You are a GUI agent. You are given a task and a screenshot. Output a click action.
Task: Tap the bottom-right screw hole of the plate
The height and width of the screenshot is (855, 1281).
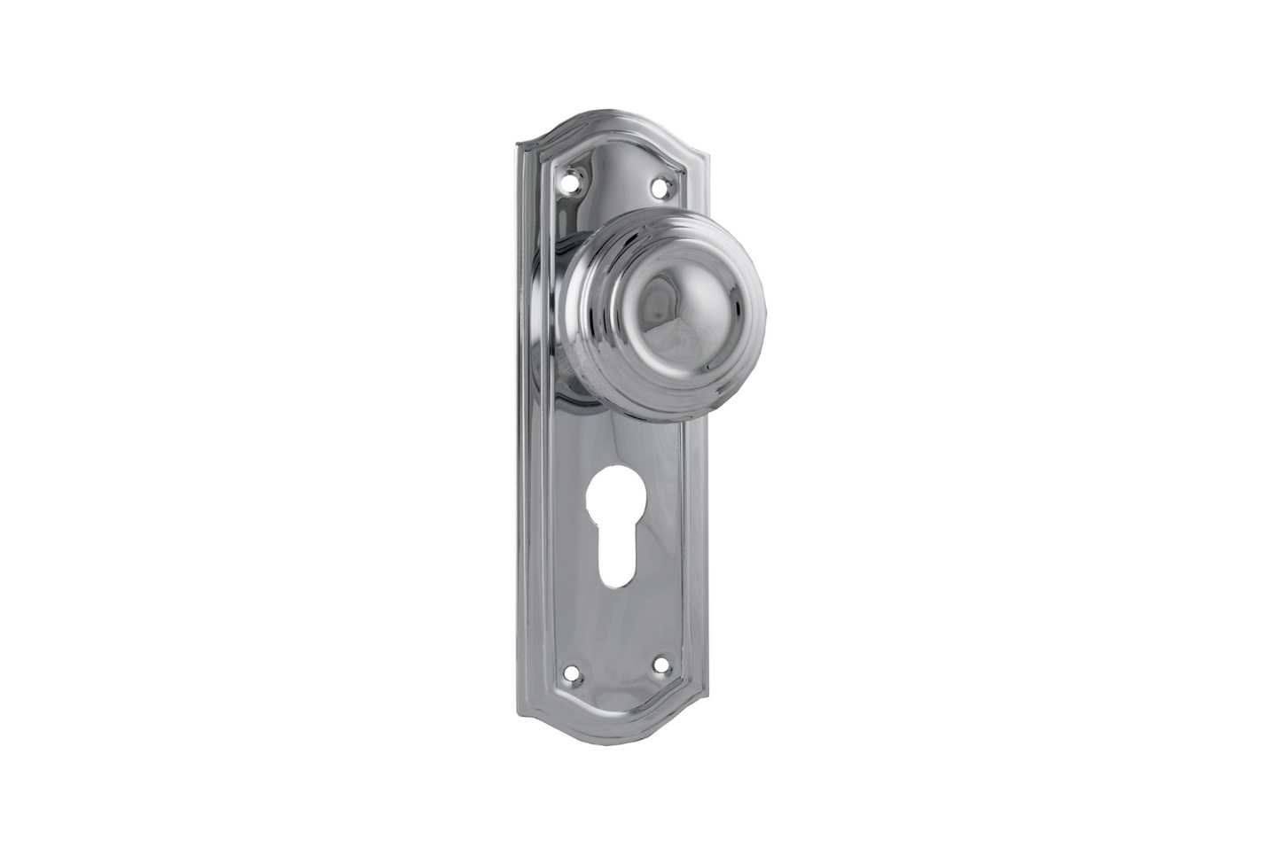click(660, 661)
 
